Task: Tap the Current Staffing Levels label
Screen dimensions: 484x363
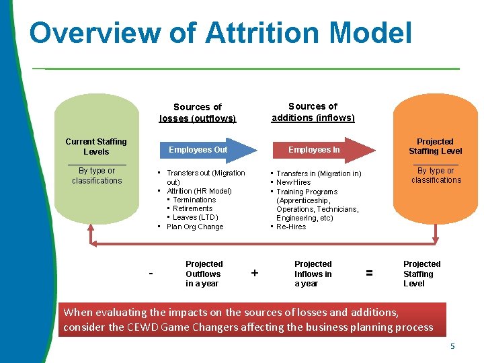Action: point(96,147)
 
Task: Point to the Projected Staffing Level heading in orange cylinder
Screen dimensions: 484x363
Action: point(435,147)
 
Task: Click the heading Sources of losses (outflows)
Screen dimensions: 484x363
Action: point(198,113)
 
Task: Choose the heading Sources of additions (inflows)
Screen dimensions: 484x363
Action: point(313,112)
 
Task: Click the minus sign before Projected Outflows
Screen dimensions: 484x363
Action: point(151,274)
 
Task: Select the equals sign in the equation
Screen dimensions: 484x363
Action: point(369,273)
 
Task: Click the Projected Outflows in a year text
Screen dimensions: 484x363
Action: point(204,274)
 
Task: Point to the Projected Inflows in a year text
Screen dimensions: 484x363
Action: point(313,274)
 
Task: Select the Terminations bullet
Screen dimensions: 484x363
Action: point(194,200)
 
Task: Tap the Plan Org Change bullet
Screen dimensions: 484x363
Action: point(195,227)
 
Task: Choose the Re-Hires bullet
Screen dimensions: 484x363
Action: point(291,227)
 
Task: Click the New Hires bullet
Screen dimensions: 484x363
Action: point(294,183)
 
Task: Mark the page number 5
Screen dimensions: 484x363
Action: point(452,346)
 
